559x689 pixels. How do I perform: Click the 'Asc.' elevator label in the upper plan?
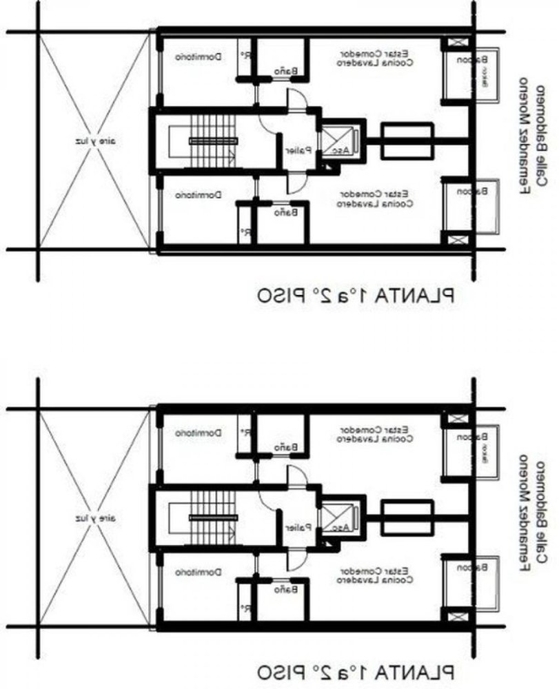[341, 150]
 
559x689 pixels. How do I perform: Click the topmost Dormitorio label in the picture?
[199, 58]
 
